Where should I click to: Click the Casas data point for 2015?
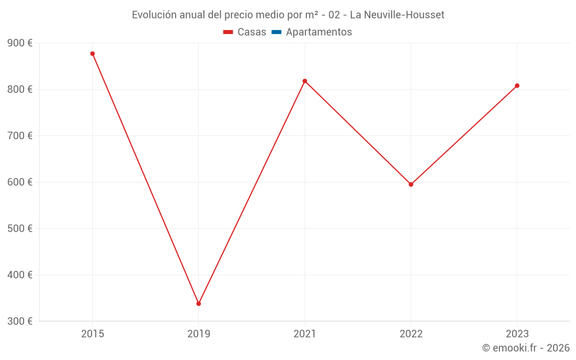coord(92,54)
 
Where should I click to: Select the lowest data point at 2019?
coord(199,304)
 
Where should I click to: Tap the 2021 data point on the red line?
coord(305,81)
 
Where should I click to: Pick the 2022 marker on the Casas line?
coord(411,184)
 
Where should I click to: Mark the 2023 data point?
coord(517,86)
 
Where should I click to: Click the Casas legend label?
coord(252,32)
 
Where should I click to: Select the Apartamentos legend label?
coord(319,32)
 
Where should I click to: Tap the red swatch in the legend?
coord(228,32)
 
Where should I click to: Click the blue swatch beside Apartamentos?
coord(276,32)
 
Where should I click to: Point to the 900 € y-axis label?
coord(20,43)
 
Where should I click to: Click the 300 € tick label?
coord(20,321)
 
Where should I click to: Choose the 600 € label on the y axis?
coord(20,182)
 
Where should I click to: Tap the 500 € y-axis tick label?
coord(20,228)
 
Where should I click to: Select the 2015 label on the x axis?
coord(92,334)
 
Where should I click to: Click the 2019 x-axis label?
coord(199,334)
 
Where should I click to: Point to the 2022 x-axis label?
coord(411,334)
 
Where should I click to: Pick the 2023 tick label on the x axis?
coord(517,334)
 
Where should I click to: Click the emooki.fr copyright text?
coord(526,348)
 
